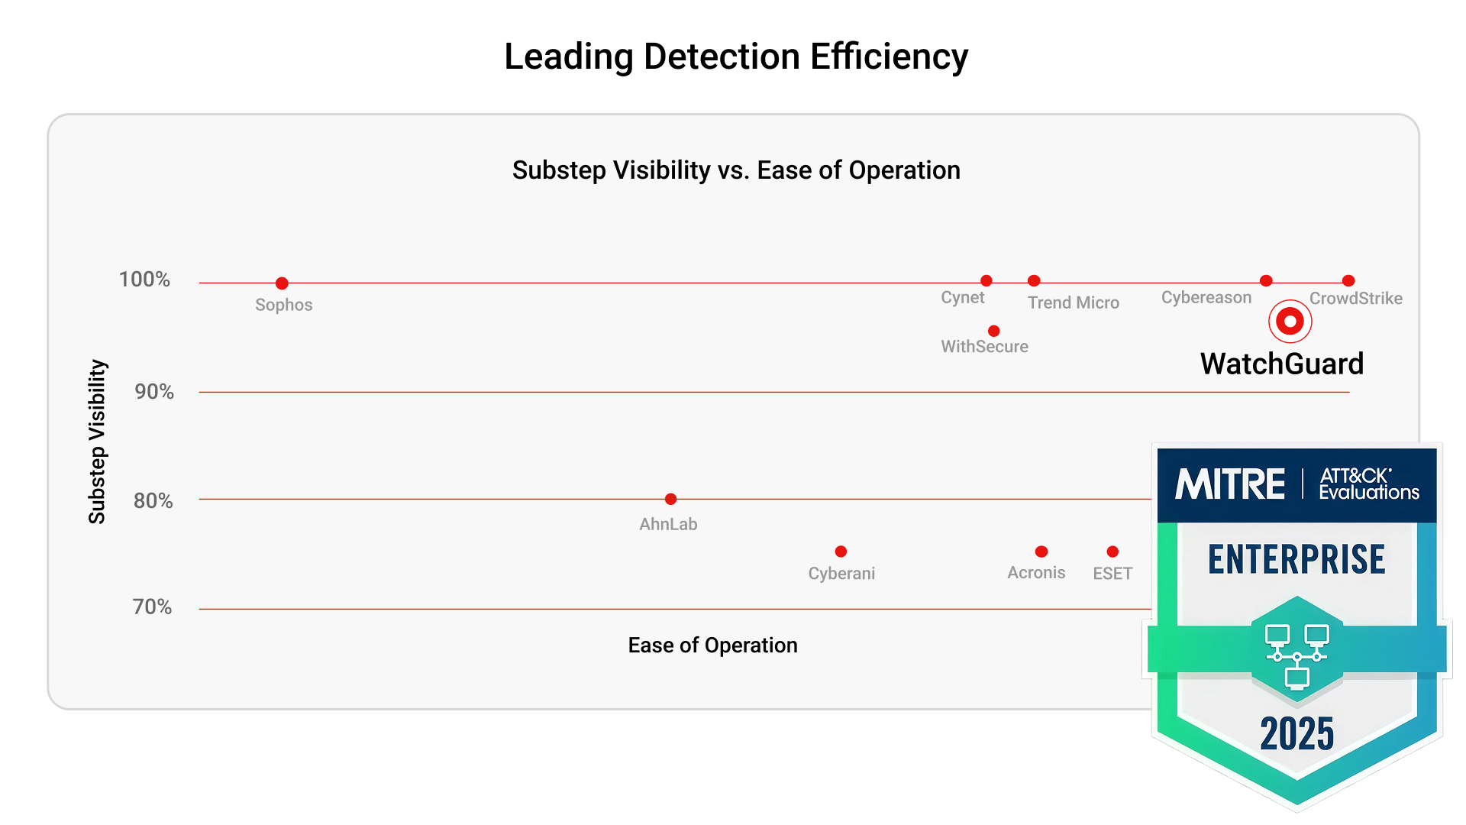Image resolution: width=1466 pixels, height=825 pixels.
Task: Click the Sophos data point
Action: (282, 283)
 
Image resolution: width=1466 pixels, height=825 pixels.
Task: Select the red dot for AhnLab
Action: (670, 500)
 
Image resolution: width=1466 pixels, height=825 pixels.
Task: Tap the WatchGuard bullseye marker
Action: (1290, 322)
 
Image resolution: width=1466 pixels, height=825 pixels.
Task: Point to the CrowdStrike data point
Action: (1348, 281)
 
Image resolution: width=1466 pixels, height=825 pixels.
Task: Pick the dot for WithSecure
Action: (993, 332)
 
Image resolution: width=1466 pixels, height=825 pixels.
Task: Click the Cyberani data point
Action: (841, 552)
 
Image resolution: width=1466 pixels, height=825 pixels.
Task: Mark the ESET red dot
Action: (1112, 552)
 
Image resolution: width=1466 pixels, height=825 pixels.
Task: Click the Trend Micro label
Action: (1073, 302)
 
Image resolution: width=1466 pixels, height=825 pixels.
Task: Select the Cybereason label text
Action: (1206, 297)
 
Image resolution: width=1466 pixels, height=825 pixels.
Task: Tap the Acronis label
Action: (1035, 573)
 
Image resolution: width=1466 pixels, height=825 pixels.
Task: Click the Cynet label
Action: (962, 297)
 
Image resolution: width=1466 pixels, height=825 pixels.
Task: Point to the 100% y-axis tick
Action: (144, 280)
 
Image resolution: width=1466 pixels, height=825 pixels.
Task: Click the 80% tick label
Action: (153, 501)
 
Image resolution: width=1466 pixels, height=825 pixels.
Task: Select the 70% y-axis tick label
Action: (152, 607)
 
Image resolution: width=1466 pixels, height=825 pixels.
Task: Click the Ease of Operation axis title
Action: (712, 645)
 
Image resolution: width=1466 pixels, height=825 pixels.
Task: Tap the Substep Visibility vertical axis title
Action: (97, 442)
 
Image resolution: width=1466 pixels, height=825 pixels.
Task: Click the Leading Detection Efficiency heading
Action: (736, 57)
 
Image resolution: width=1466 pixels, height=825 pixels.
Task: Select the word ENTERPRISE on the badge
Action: (1296, 559)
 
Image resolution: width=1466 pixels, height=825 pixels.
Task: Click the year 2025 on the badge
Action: (1296, 734)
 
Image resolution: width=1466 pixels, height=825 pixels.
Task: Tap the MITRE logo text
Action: (1230, 485)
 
